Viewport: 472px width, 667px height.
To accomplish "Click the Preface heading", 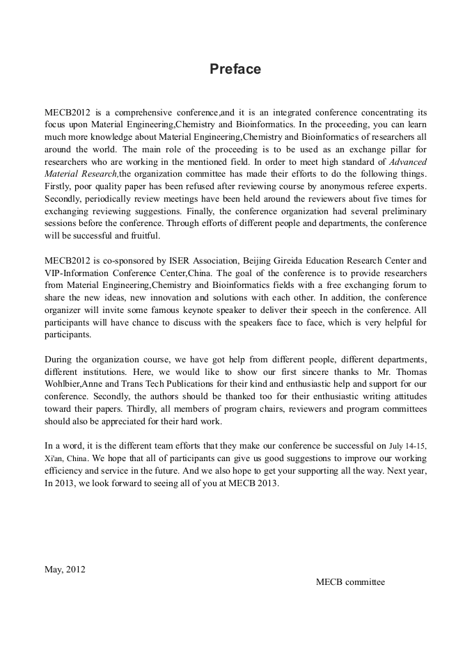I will (x=235, y=69).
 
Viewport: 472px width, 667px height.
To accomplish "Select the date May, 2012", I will (x=65, y=568).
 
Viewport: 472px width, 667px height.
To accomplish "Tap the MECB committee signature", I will (x=350, y=581).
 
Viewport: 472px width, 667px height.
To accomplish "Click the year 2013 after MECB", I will (x=267, y=483).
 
